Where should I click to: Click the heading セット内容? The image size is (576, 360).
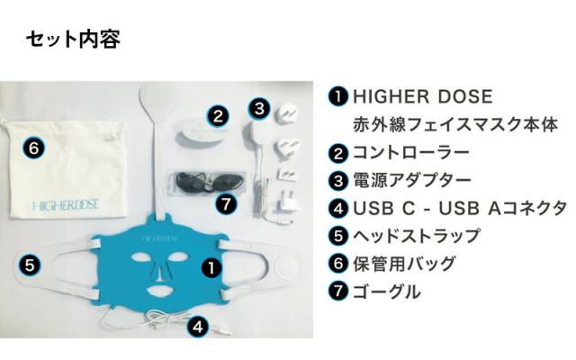pos(73,40)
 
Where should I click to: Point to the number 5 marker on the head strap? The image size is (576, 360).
pos(29,265)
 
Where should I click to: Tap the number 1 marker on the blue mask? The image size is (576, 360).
pos(209,266)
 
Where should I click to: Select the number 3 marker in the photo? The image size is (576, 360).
pos(258,109)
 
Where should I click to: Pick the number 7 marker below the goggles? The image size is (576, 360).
pos(227,204)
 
